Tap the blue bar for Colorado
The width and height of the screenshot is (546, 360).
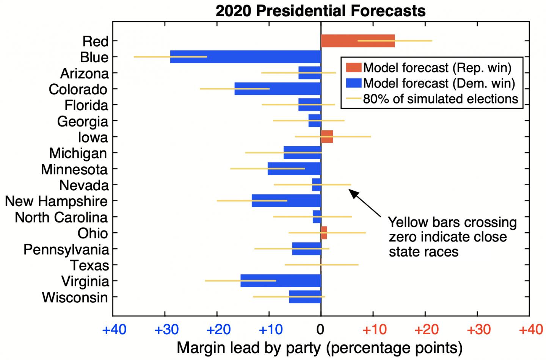point(278,89)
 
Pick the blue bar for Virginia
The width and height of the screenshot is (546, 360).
point(281,281)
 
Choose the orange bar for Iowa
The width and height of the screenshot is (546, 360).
point(327,136)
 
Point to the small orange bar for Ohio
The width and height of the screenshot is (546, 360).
point(324,233)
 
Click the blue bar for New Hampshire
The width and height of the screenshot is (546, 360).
point(286,201)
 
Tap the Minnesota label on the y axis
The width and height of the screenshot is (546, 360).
point(74,169)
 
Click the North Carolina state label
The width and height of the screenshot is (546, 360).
point(61,218)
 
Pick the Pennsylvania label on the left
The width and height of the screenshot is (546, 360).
point(66,250)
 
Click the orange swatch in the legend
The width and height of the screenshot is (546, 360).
point(353,68)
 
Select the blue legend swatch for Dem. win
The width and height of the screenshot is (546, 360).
point(353,83)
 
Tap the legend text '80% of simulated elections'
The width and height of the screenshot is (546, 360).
point(440,99)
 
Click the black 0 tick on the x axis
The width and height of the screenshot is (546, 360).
point(321,330)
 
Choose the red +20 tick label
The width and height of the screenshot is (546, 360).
point(427,330)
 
